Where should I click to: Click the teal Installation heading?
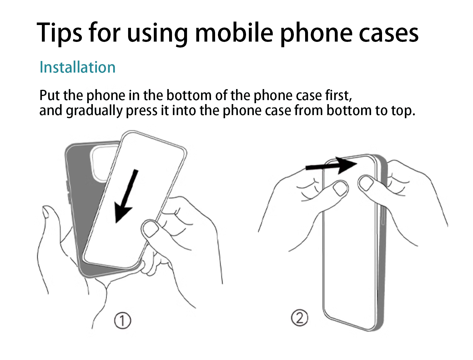pyautogui.click(x=78, y=67)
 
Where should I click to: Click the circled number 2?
pyautogui.click(x=299, y=317)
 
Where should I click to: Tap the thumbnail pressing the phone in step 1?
pyautogui.click(x=151, y=230)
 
